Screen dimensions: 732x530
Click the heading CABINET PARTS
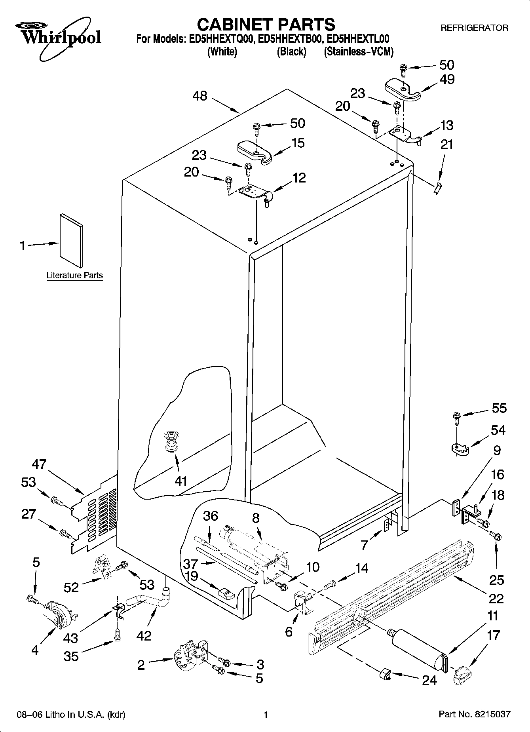(x=266, y=25)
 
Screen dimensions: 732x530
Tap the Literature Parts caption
(x=74, y=276)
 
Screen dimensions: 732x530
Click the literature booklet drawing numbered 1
(x=72, y=240)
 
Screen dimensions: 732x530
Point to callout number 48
(x=200, y=96)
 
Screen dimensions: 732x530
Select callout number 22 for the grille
(x=496, y=598)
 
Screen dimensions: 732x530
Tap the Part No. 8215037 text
(x=474, y=715)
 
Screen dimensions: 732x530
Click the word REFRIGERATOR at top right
(x=474, y=28)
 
